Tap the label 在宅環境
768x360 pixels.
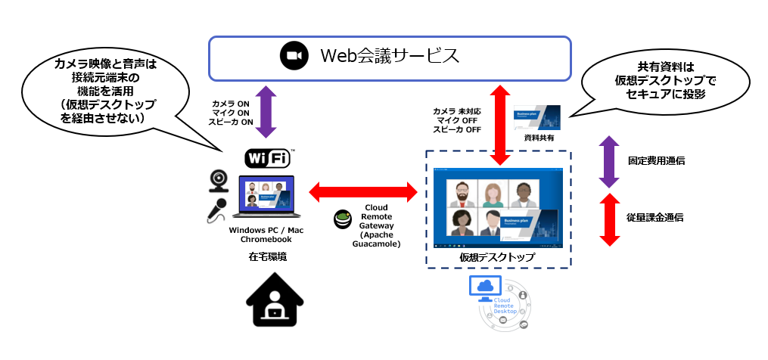(268, 257)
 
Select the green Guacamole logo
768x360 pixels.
(343, 219)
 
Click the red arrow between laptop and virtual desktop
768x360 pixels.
(363, 191)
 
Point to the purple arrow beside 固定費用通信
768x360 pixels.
(609, 161)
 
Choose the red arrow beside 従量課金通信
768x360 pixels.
(609, 219)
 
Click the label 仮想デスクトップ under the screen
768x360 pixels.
(497, 257)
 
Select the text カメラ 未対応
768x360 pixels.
(457, 111)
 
